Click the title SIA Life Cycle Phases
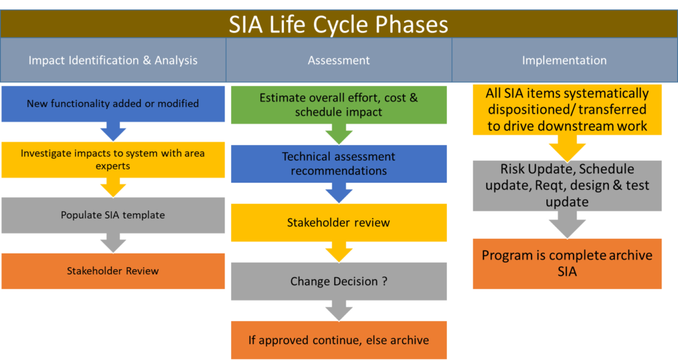(338, 24)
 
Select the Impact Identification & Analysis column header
(113, 60)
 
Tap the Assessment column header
(338, 60)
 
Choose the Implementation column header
(564, 60)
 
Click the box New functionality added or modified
(113, 103)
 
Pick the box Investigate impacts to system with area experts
(113, 159)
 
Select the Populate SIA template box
(113, 215)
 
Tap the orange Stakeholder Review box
(113, 271)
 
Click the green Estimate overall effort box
(338, 105)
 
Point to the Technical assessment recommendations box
(338, 163)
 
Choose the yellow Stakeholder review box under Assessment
(338, 222)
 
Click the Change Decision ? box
(338, 281)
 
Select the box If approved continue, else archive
(338, 340)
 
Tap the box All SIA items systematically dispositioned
(567, 110)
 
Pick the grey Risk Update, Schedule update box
(567, 185)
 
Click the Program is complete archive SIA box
(567, 263)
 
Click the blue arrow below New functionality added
(113, 132)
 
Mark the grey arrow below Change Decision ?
(338, 311)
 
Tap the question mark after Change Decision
(384, 281)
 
